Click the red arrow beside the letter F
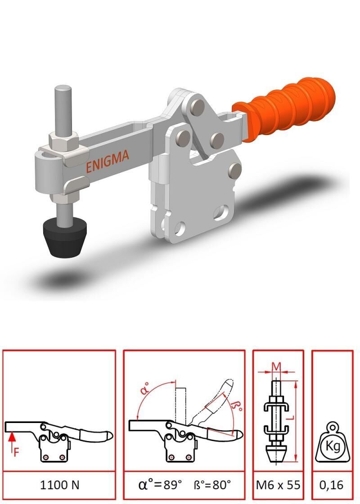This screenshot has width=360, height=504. pyautogui.click(x=12, y=438)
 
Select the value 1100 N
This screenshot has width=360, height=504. pyautogui.click(x=59, y=485)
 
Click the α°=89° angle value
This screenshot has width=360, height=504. pyautogui.click(x=161, y=485)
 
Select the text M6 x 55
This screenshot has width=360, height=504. pyautogui.click(x=278, y=485)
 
